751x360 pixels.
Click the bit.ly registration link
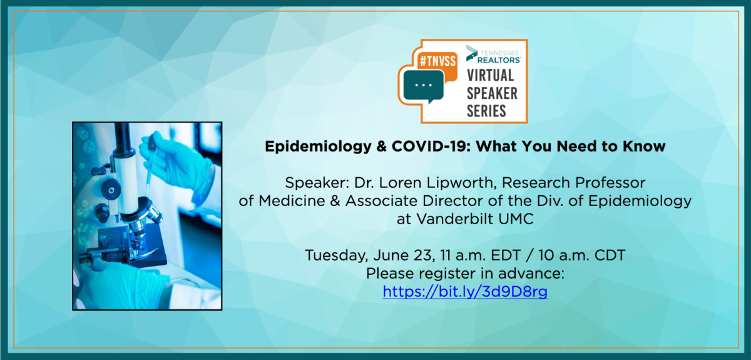coord(465,292)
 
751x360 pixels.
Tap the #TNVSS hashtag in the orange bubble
coord(437,61)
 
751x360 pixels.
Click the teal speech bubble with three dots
coord(424,86)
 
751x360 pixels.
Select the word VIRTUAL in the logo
coord(491,75)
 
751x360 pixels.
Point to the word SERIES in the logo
coord(486,111)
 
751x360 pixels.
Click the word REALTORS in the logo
coord(499,60)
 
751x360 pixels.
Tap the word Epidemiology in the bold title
coord(318,147)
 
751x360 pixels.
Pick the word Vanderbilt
coord(455,219)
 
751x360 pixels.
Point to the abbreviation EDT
coord(506,255)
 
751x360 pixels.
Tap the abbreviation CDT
coord(610,255)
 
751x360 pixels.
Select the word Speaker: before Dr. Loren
coord(317,183)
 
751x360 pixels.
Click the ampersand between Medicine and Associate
coord(335,201)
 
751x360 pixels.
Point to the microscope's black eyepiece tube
coord(121,138)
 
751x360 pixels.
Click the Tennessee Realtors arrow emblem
coord(472,53)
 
